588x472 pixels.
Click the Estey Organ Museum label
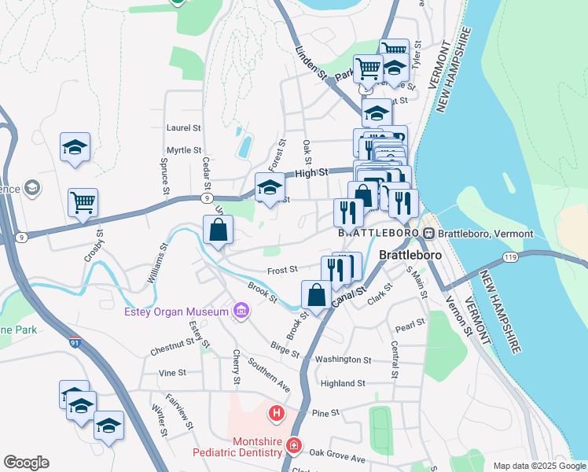coord(175,312)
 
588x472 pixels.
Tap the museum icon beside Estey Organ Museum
coord(240,312)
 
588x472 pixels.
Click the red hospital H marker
coord(276,412)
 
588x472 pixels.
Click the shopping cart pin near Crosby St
coord(83,203)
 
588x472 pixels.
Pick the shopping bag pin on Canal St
coord(316,296)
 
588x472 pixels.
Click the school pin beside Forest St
coord(270,188)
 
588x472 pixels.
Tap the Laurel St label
coord(184,127)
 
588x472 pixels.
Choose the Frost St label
coord(281,269)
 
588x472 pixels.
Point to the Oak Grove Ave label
coord(337,454)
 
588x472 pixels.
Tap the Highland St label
coord(344,383)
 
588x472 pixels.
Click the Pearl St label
coord(410,323)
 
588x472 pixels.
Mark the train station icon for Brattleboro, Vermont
coord(428,234)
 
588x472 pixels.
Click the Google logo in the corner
coord(27,462)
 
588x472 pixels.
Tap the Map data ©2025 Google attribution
coord(538,466)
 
